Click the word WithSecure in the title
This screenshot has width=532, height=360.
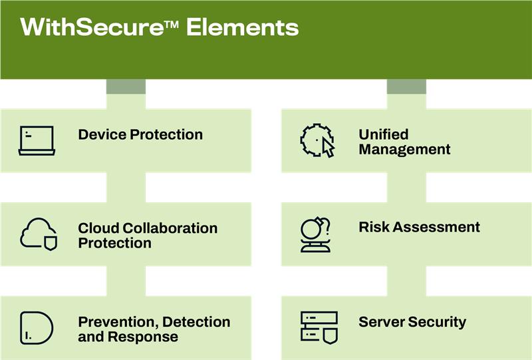92,27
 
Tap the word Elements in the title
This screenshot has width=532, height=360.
243,27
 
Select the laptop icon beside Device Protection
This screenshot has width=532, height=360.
37,140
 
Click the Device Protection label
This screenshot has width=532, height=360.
140,134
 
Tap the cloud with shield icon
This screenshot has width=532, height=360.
39,234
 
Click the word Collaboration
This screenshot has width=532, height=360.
170,228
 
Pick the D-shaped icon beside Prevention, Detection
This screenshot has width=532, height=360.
37,328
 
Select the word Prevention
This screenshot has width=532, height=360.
118,321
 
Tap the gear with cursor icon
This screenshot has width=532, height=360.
318,140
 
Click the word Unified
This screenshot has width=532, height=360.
384,134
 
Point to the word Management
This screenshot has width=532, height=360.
404,149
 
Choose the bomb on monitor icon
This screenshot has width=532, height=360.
315,234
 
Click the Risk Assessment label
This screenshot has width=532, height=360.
419,227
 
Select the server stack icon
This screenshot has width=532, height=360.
319,328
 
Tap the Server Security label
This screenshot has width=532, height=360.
412,322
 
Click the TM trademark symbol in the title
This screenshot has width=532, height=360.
172,25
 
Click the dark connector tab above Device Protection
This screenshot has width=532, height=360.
126,87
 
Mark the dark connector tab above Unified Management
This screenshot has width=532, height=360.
406,87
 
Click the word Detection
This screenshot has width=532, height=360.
196,321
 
